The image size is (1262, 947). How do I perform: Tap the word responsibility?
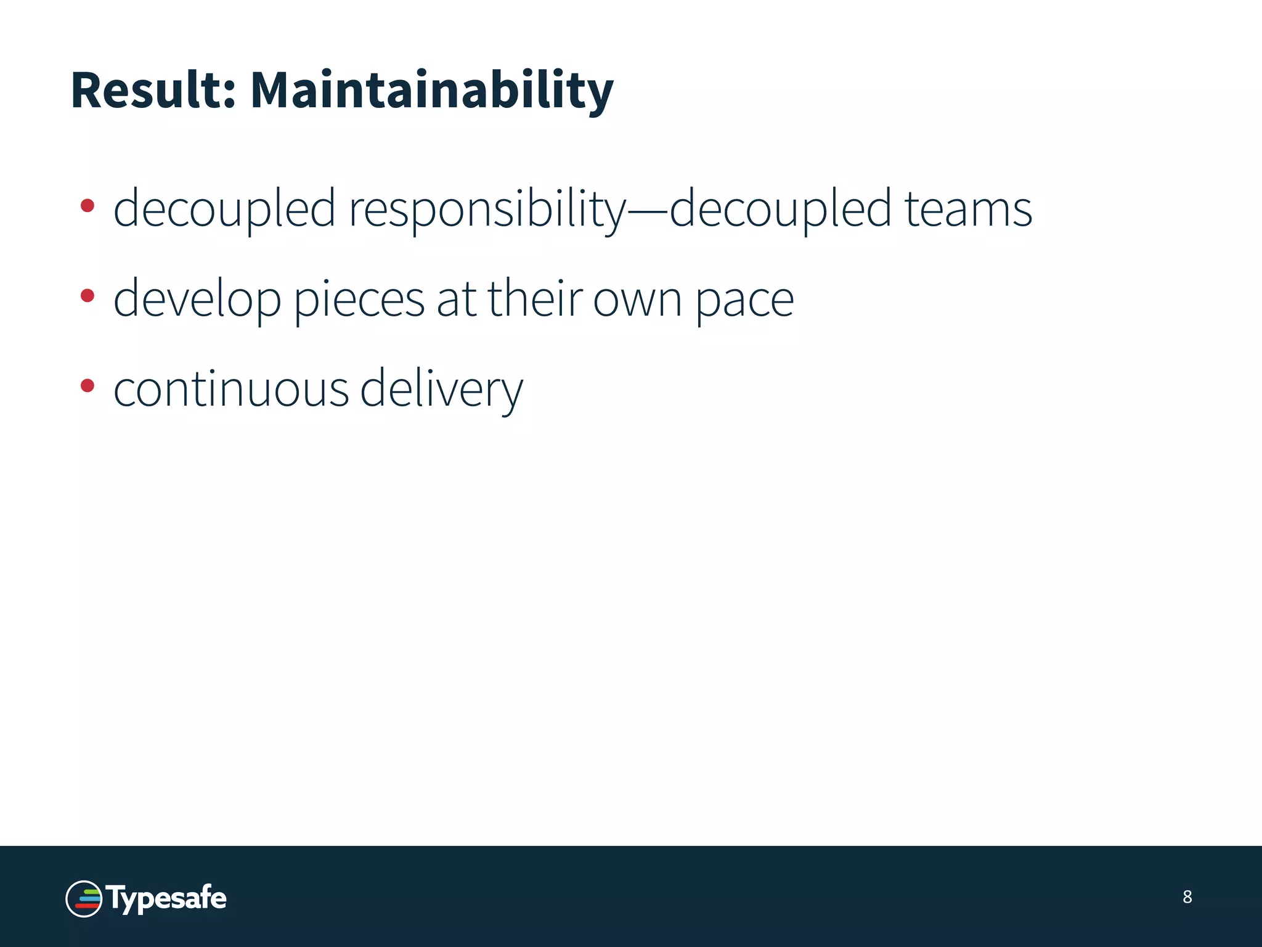point(487,210)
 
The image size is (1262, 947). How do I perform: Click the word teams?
point(967,210)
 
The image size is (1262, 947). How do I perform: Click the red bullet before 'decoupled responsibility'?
point(88,206)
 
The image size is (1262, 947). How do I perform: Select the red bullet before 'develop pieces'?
point(88,296)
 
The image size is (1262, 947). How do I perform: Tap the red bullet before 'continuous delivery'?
point(88,386)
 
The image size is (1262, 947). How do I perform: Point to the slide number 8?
point(1187,897)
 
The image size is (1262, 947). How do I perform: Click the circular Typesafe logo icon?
point(84,899)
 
